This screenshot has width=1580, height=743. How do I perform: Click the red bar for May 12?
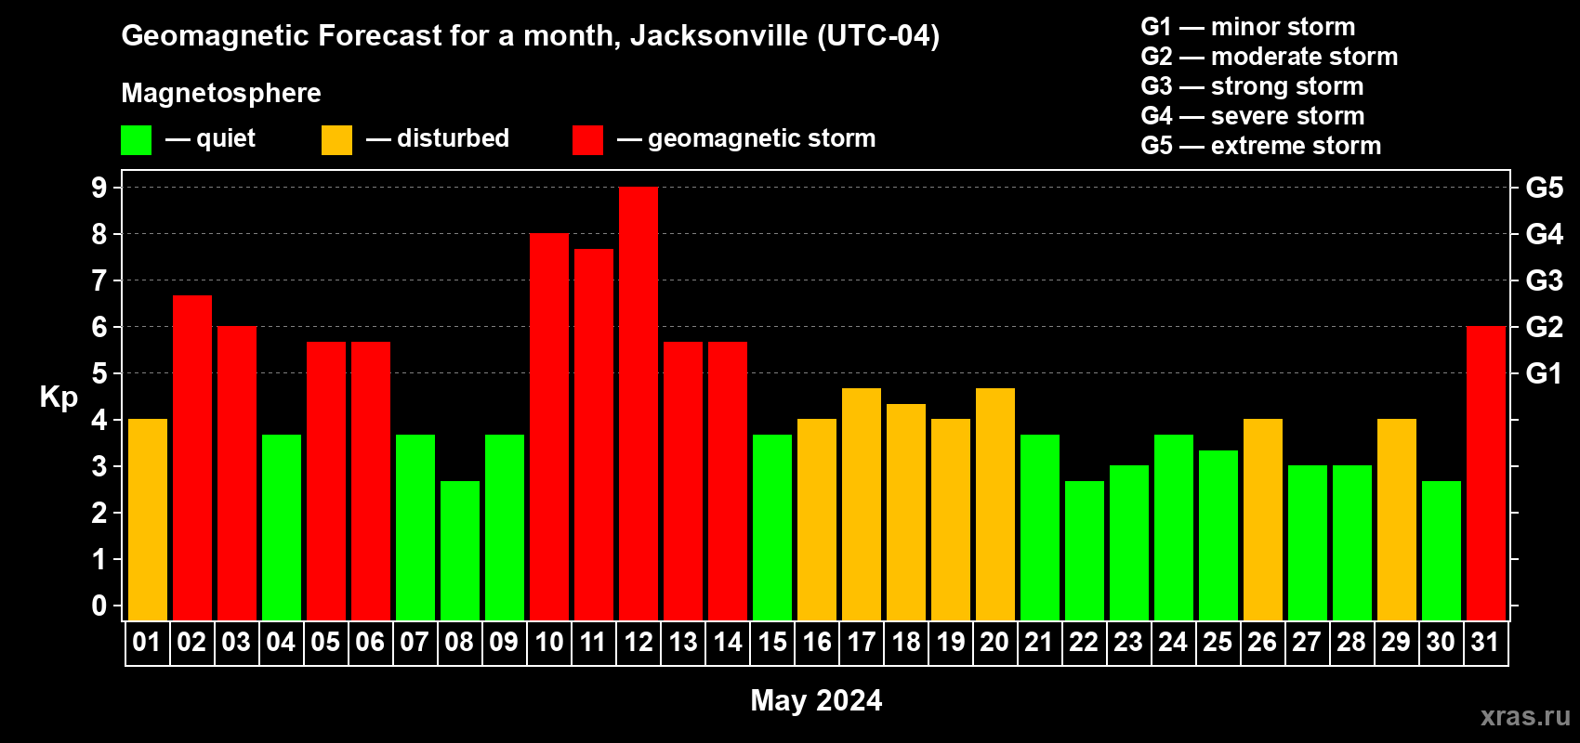tap(639, 404)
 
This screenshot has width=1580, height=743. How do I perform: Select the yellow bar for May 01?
tap(148, 520)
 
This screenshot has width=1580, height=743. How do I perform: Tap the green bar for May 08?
tap(460, 551)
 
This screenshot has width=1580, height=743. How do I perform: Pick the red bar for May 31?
tap(1486, 474)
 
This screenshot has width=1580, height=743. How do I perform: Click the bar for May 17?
tap(862, 504)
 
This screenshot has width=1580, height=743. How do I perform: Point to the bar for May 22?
tap(1085, 551)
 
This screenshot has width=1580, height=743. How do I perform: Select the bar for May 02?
tap(192, 458)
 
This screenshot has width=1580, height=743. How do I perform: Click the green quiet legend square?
tap(137, 140)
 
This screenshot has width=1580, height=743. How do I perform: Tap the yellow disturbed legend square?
tap(337, 140)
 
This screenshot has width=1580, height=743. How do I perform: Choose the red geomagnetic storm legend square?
tap(587, 140)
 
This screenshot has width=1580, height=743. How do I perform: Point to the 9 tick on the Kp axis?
tap(99, 188)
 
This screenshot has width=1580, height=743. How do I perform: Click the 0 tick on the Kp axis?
tap(99, 606)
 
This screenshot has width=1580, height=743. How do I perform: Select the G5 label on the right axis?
tap(1544, 188)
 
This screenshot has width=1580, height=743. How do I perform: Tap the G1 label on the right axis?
tap(1544, 373)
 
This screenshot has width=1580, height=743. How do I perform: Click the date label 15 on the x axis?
tap(772, 642)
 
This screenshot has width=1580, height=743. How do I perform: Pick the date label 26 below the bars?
tap(1262, 642)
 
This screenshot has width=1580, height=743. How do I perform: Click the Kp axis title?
tap(59, 398)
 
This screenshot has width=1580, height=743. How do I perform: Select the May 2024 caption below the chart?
tap(816, 700)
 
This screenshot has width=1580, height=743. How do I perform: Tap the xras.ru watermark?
tap(1525, 716)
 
